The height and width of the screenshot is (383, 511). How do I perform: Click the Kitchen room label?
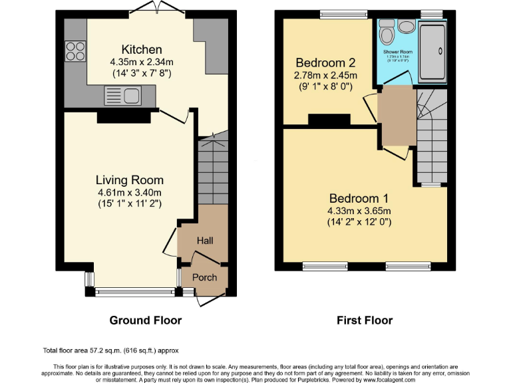click(141, 49)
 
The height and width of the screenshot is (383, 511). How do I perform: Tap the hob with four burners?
click(75, 51)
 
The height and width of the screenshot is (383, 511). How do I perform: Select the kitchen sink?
click(120, 96)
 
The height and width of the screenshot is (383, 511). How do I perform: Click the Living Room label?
click(130, 180)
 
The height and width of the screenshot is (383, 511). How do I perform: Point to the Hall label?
click(204, 240)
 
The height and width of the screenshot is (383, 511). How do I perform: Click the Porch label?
click(204, 277)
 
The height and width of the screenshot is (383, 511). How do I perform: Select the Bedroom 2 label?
click(325, 63)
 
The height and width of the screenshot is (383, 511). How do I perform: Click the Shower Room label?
click(398, 51)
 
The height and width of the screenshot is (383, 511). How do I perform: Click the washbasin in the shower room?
click(407, 26)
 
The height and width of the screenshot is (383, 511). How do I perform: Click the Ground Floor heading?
click(145, 320)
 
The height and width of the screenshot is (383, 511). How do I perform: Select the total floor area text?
click(110, 350)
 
